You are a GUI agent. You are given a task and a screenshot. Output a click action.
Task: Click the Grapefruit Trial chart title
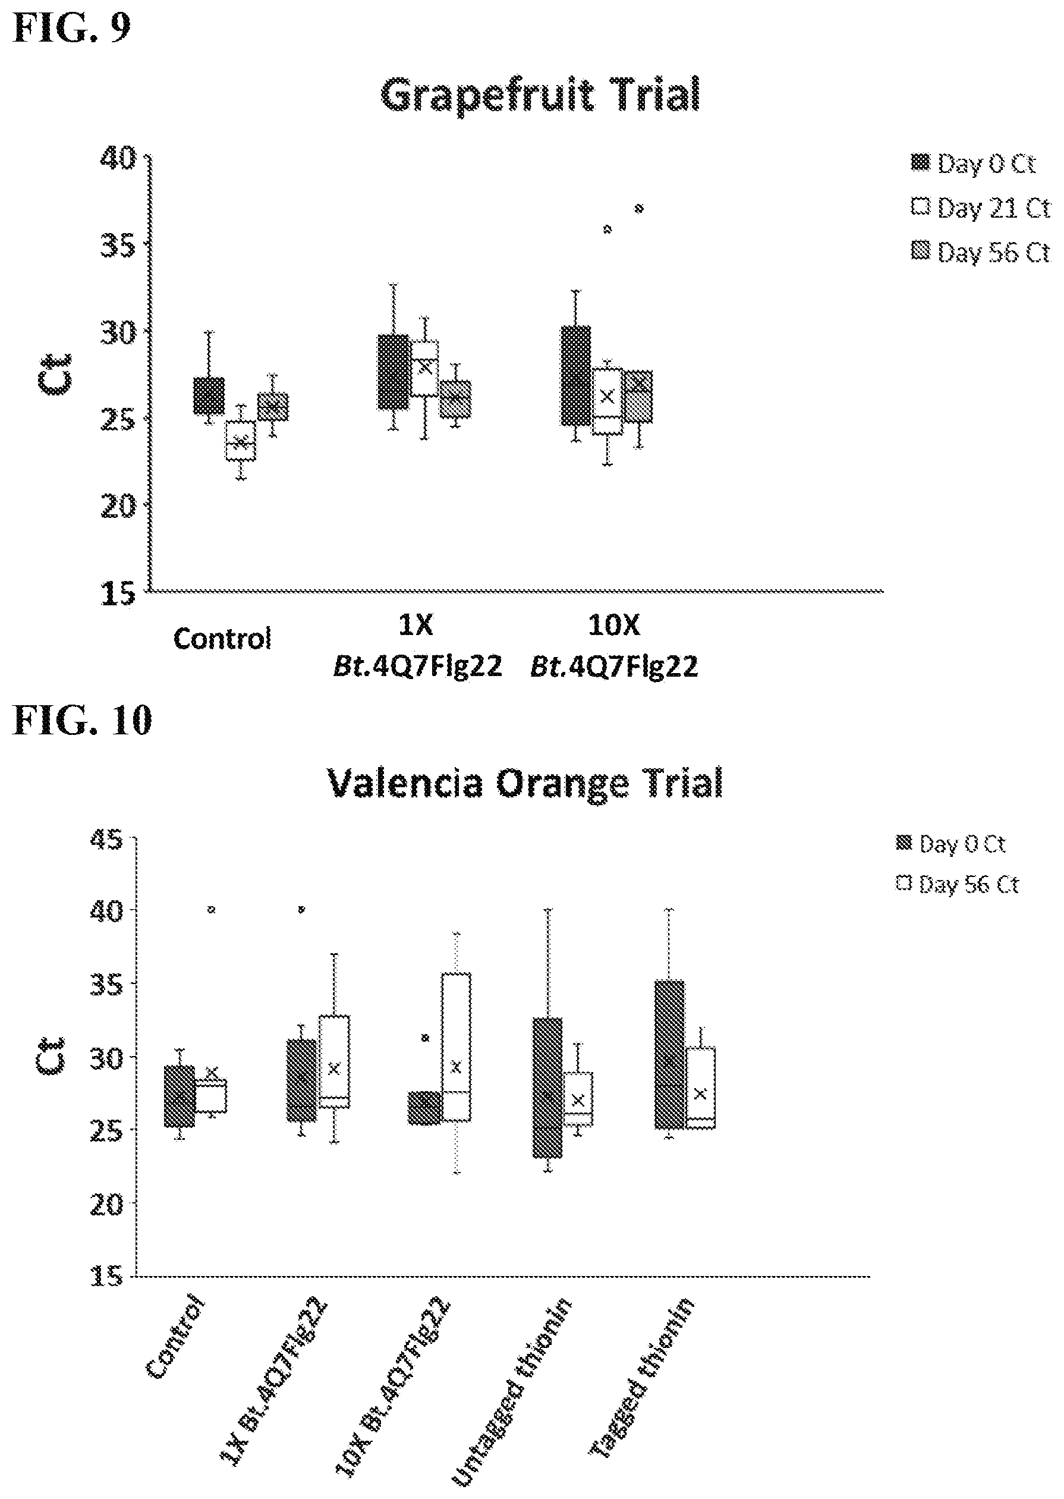[x=540, y=96]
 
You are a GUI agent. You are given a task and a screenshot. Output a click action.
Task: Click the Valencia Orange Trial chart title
[x=525, y=783]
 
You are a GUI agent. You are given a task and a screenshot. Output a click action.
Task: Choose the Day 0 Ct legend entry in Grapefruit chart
[x=974, y=163]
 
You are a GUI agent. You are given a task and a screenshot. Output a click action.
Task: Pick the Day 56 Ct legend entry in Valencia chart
[x=958, y=885]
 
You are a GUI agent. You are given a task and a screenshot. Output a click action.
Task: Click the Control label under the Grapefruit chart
[x=222, y=639]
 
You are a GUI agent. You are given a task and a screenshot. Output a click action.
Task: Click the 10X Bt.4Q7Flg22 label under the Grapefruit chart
[x=614, y=646]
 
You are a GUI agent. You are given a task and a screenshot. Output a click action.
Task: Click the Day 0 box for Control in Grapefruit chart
[x=209, y=395]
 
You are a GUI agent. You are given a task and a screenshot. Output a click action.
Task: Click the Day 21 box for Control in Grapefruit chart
[x=241, y=441]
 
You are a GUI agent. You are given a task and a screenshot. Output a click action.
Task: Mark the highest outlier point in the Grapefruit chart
[x=639, y=209]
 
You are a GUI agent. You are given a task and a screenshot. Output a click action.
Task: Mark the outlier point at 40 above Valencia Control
[x=211, y=910]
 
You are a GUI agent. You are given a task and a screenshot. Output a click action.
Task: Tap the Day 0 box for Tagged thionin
[x=669, y=1055]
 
